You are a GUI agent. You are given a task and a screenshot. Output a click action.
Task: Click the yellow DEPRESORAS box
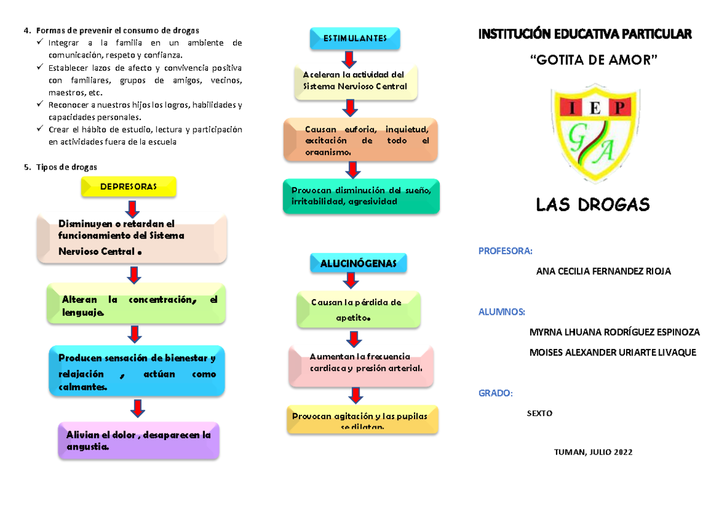tap(129, 186)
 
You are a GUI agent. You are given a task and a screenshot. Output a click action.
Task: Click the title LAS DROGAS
tap(593, 206)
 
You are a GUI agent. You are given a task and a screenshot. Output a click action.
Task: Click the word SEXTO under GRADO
tap(539, 413)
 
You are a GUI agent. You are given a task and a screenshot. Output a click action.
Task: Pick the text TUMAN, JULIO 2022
tap(594, 452)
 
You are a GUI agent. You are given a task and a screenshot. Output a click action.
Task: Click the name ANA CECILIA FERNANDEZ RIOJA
tap(603, 272)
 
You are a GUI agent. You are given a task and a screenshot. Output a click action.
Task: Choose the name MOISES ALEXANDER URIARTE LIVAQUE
tap(613, 353)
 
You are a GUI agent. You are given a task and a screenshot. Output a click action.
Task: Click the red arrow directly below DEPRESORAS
tap(132, 208)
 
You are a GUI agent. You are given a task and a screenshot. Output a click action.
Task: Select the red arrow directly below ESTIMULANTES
tap(348, 59)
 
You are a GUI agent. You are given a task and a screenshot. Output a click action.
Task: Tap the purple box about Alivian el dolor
tap(139, 441)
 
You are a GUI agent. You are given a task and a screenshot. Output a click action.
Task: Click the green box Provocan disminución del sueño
tap(361, 196)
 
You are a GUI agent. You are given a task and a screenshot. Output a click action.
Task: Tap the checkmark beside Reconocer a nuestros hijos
tap(40, 105)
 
